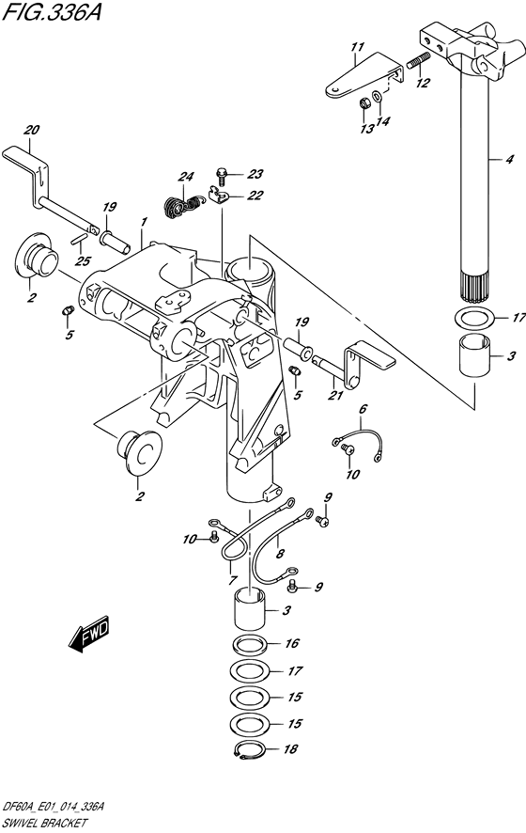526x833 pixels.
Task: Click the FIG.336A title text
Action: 51,12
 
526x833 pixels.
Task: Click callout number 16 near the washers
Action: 292,643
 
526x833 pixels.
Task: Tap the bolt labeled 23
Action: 222,173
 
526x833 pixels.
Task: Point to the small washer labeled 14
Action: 376,97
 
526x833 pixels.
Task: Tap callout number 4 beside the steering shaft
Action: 509,159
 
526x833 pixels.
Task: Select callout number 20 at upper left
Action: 32,130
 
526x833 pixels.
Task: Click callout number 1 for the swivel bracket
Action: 145,222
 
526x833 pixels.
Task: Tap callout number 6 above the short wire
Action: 364,409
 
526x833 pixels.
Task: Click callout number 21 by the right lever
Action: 335,395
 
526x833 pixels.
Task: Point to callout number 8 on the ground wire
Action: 280,554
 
